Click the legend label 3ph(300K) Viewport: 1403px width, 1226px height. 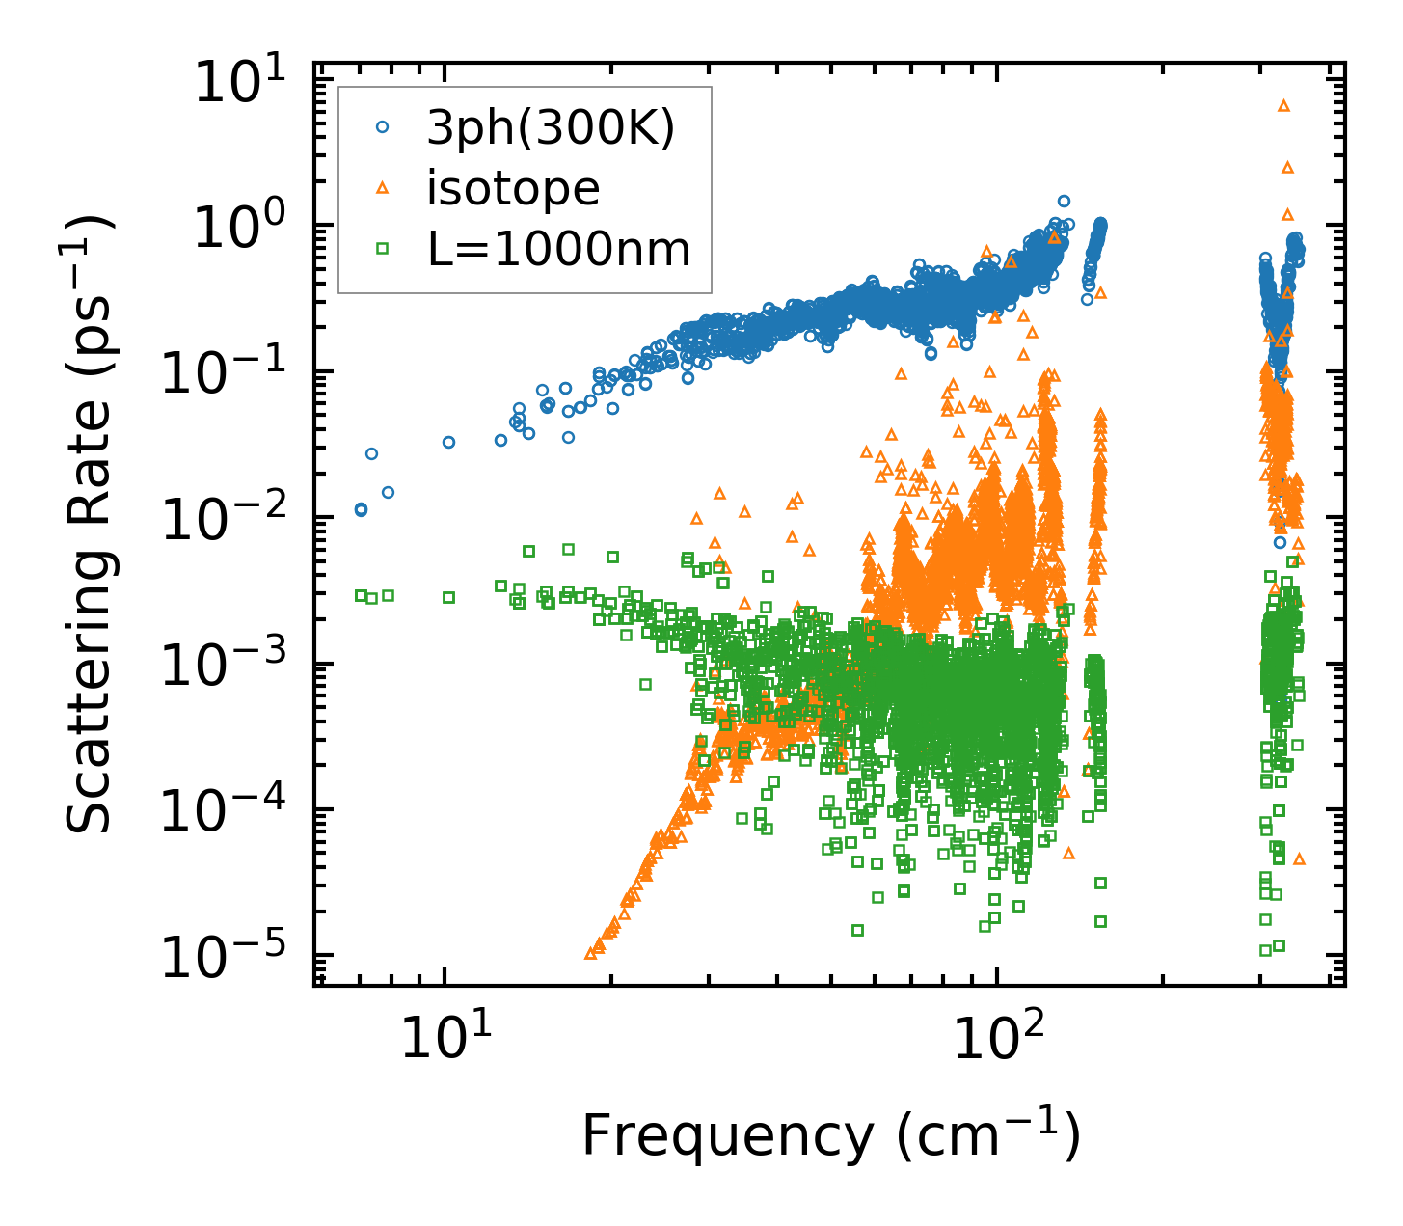[551, 128]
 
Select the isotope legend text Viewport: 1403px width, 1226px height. [513, 189]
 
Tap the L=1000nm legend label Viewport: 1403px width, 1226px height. [559, 250]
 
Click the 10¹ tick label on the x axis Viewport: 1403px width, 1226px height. [445, 1041]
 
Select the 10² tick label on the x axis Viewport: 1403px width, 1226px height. [998, 1041]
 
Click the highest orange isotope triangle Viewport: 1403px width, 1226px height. [1283, 105]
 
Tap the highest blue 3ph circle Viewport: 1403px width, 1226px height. [1064, 201]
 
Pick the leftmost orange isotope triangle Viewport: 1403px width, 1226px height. [590, 953]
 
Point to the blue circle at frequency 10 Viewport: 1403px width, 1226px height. [448, 442]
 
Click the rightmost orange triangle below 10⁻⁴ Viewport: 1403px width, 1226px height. [1299, 858]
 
